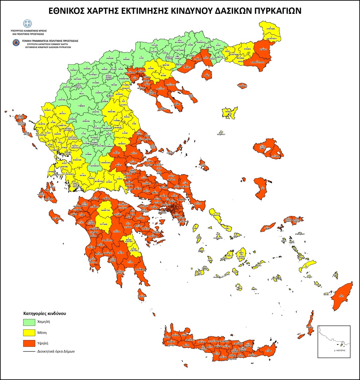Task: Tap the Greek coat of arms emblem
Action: click(27, 24)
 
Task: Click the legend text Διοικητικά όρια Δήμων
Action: click(56, 351)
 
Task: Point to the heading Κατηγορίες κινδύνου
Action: click(45, 313)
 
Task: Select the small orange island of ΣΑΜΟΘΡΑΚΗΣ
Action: click(242, 86)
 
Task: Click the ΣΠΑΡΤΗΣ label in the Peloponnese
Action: click(121, 253)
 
